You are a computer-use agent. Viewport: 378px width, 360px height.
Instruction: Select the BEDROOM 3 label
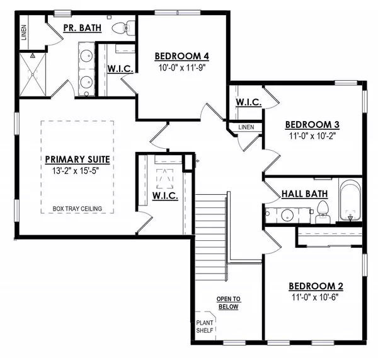point(312,124)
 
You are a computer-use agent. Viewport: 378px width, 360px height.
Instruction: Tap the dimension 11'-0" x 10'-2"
point(312,135)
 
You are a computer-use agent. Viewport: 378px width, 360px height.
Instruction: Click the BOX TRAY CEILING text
point(78,209)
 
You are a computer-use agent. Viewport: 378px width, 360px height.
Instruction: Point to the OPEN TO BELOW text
point(229,302)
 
